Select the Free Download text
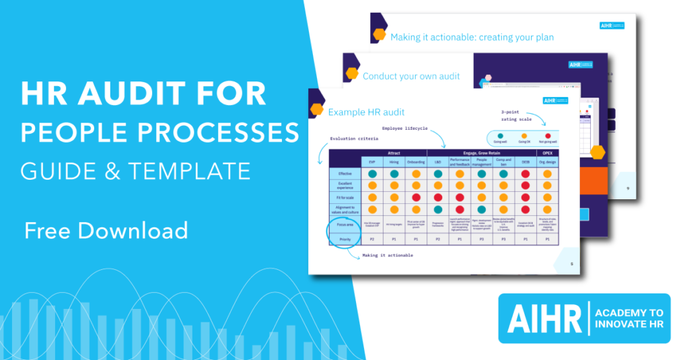[x=106, y=230]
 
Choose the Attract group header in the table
[x=394, y=152]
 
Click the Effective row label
[x=344, y=173]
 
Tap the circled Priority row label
[x=344, y=239]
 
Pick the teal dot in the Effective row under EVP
[x=371, y=173]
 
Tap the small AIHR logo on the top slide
[x=612, y=26]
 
